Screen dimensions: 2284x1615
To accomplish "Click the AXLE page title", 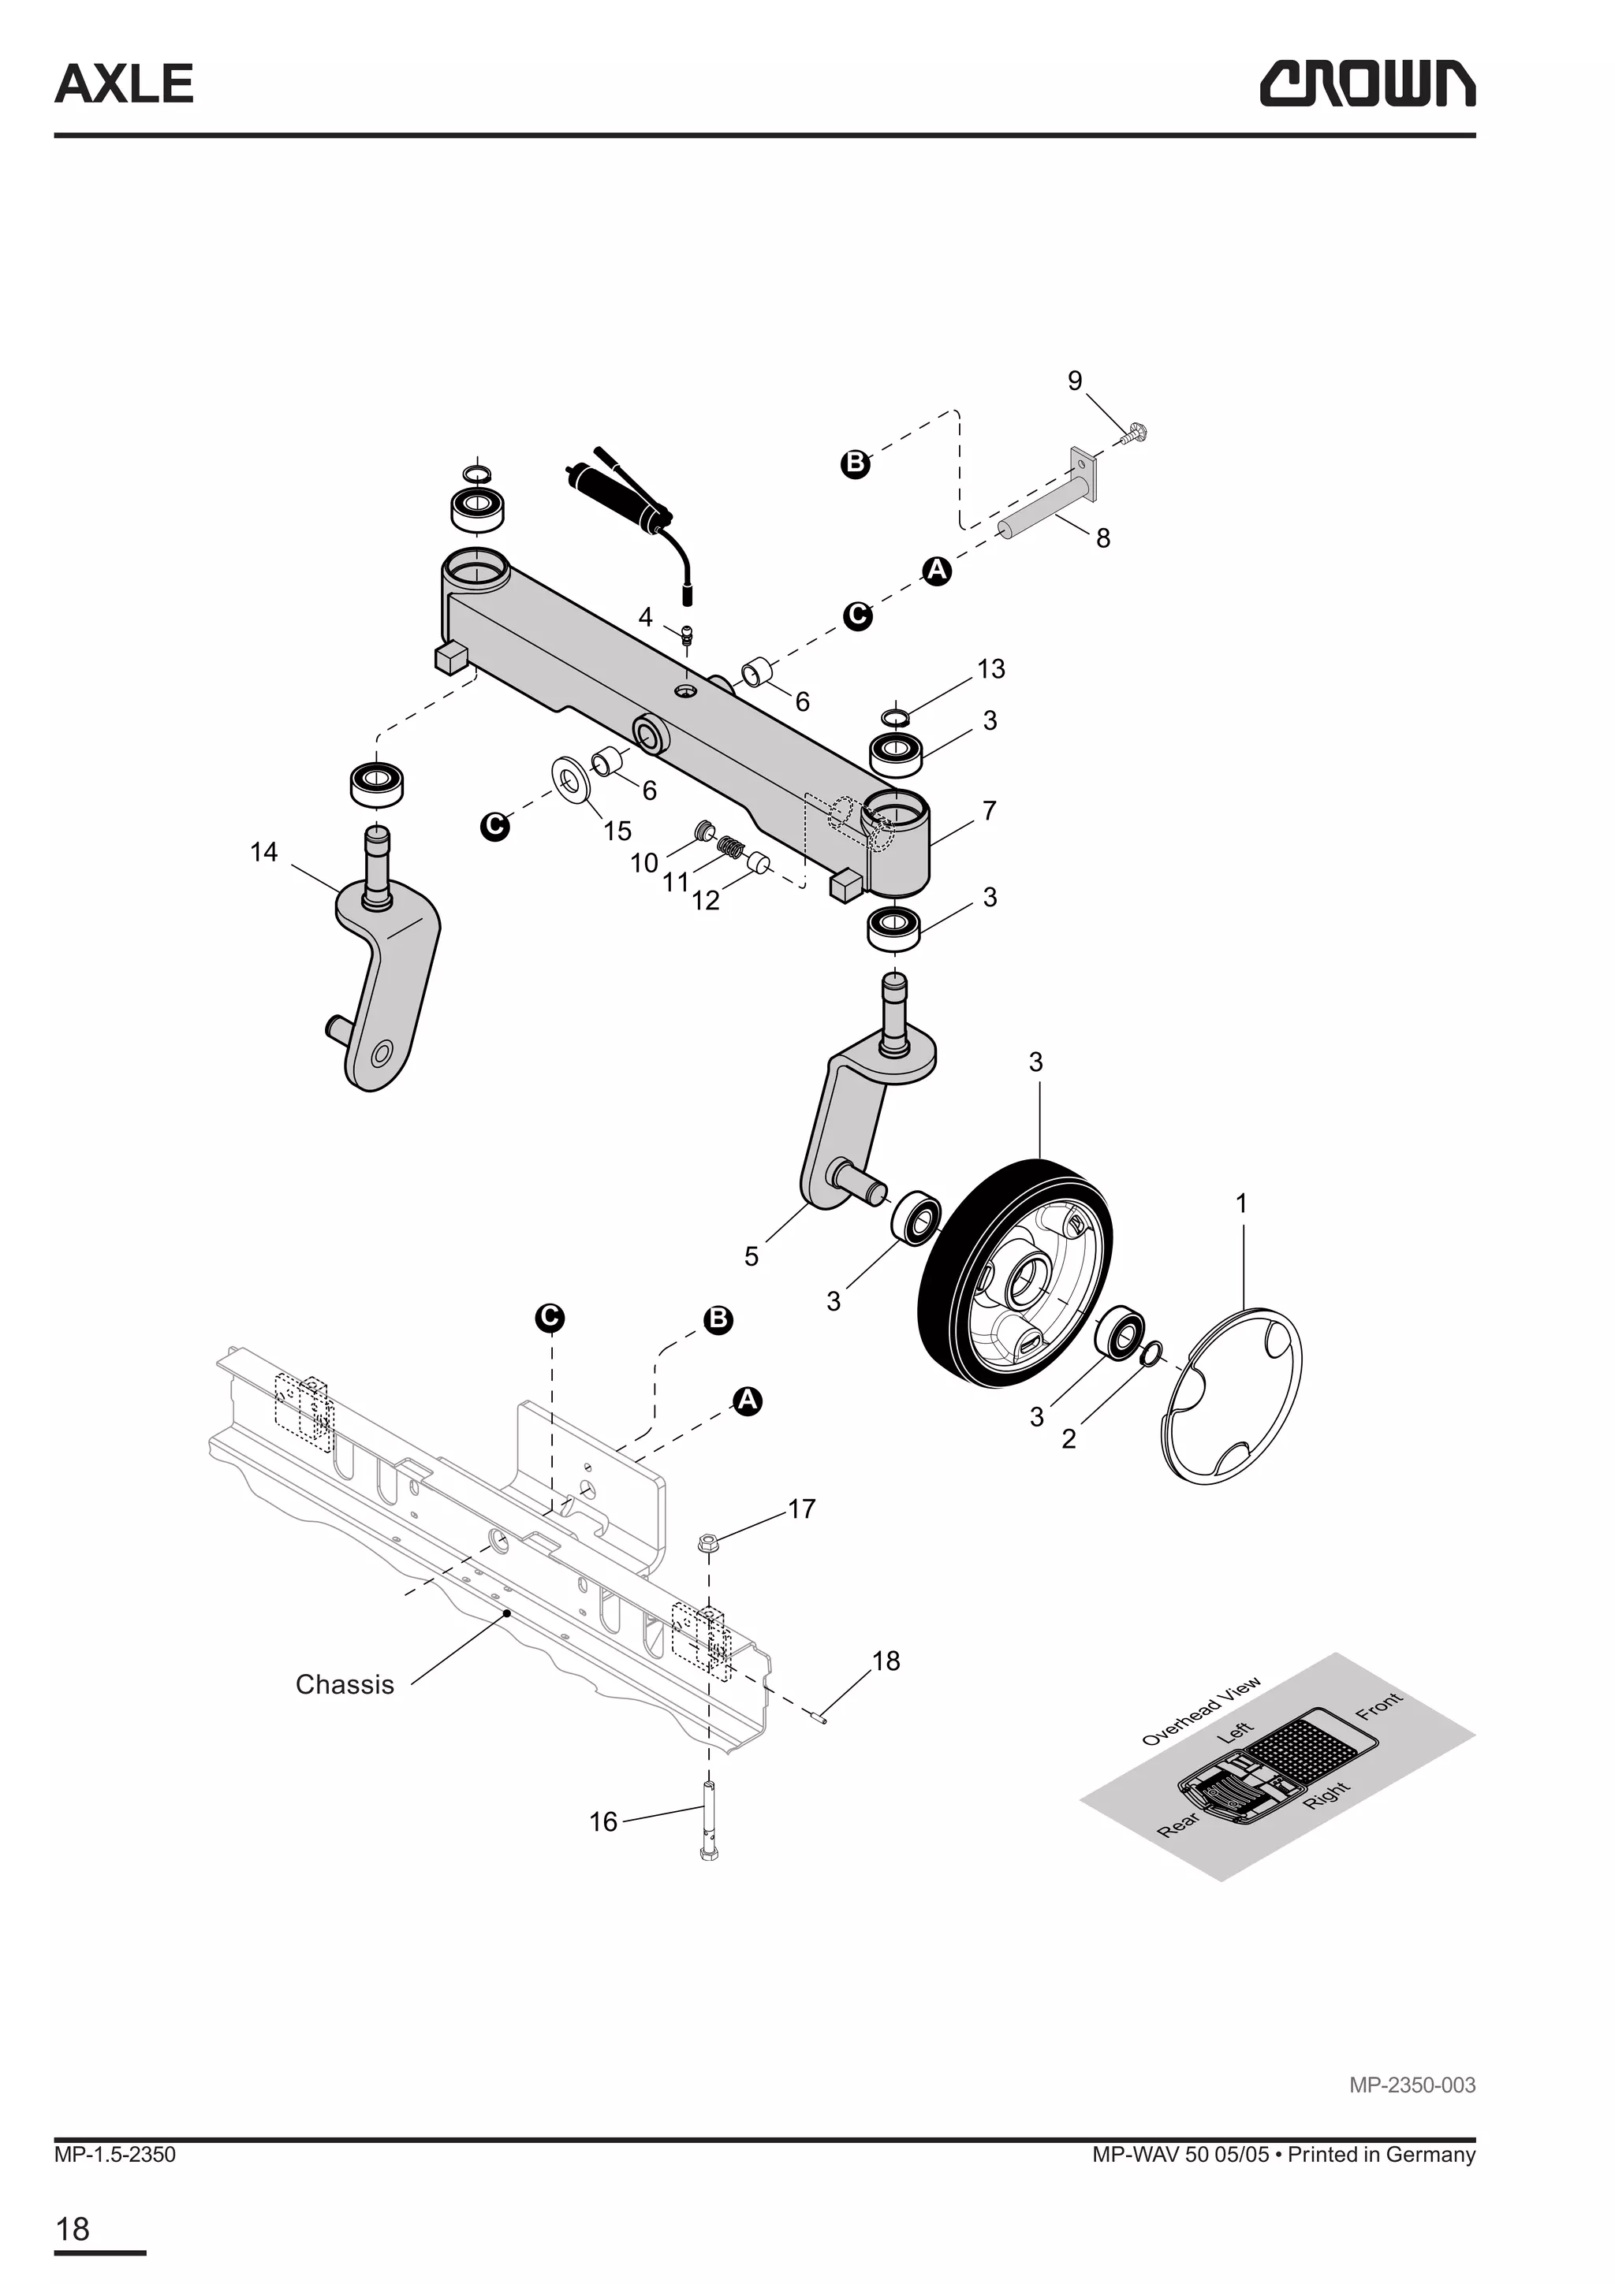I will point(125,84).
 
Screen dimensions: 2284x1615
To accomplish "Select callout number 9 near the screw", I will point(1075,381).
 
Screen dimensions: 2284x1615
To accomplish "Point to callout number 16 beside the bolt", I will point(603,1821).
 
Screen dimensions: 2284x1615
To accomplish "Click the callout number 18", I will point(886,1661).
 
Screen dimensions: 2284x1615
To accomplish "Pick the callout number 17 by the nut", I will point(801,1509).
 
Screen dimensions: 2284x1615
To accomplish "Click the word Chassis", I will point(345,1684).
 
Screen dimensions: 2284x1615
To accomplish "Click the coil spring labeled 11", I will point(731,849).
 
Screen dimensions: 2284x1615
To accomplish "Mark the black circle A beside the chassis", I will point(748,1401).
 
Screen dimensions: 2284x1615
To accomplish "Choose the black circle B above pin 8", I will point(855,463).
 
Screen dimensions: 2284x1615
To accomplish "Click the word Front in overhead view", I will point(1378,1705).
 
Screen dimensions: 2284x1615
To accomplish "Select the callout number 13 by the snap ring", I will point(991,668).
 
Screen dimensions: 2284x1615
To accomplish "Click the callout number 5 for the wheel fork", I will point(752,1256).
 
